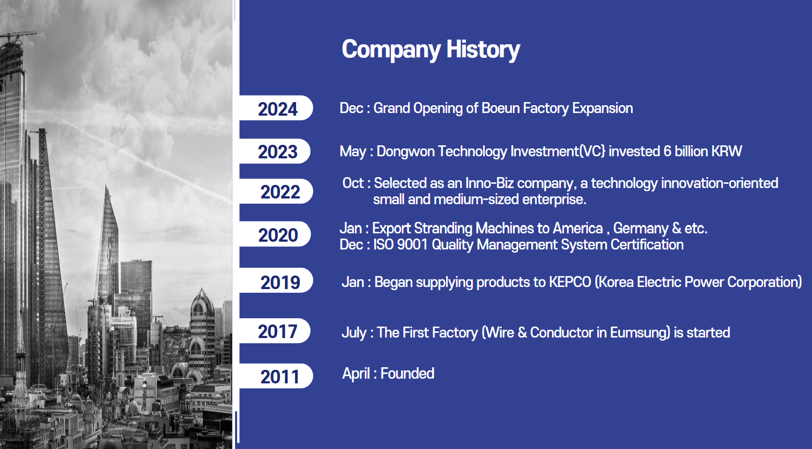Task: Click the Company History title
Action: (430, 49)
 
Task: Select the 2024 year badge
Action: (276, 108)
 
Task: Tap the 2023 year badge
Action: (275, 151)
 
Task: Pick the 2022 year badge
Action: (276, 191)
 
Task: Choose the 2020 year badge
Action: (275, 234)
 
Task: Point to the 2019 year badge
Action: (276, 280)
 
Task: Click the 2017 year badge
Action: (275, 331)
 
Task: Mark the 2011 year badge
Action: (276, 376)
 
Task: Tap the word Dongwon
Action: (405, 151)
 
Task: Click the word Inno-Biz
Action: (489, 183)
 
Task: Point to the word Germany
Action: (641, 229)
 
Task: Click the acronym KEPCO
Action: (570, 282)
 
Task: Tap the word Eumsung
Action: (640, 333)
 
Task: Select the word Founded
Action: (408, 373)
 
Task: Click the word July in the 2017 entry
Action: (354, 333)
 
